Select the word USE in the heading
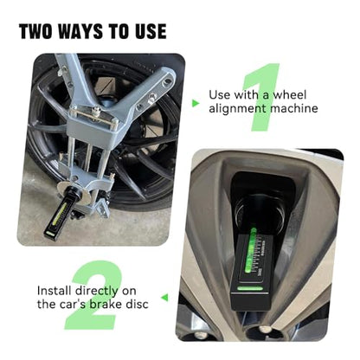151,31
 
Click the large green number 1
262,97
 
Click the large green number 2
93,295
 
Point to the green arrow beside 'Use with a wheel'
196,103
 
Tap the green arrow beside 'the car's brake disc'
164,298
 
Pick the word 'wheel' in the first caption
290,94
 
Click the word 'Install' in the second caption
55,291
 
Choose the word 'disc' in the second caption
138,305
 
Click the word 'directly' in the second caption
97,292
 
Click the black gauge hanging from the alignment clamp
60,214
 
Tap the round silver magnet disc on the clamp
72,193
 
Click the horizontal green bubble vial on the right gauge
250,288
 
